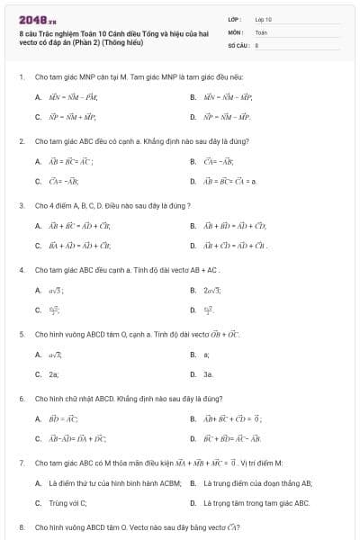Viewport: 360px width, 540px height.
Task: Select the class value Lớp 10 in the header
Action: [x=263, y=19]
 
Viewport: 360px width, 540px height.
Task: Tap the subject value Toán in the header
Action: [x=261, y=31]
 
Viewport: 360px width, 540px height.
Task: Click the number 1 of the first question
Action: [x=21, y=77]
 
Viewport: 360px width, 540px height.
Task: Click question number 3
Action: [x=21, y=205]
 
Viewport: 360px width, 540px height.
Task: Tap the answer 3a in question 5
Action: [x=208, y=373]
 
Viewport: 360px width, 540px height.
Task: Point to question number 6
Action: [x=21, y=398]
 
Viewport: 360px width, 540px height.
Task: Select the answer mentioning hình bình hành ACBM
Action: [x=98, y=483]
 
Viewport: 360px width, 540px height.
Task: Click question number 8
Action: [x=21, y=526]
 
